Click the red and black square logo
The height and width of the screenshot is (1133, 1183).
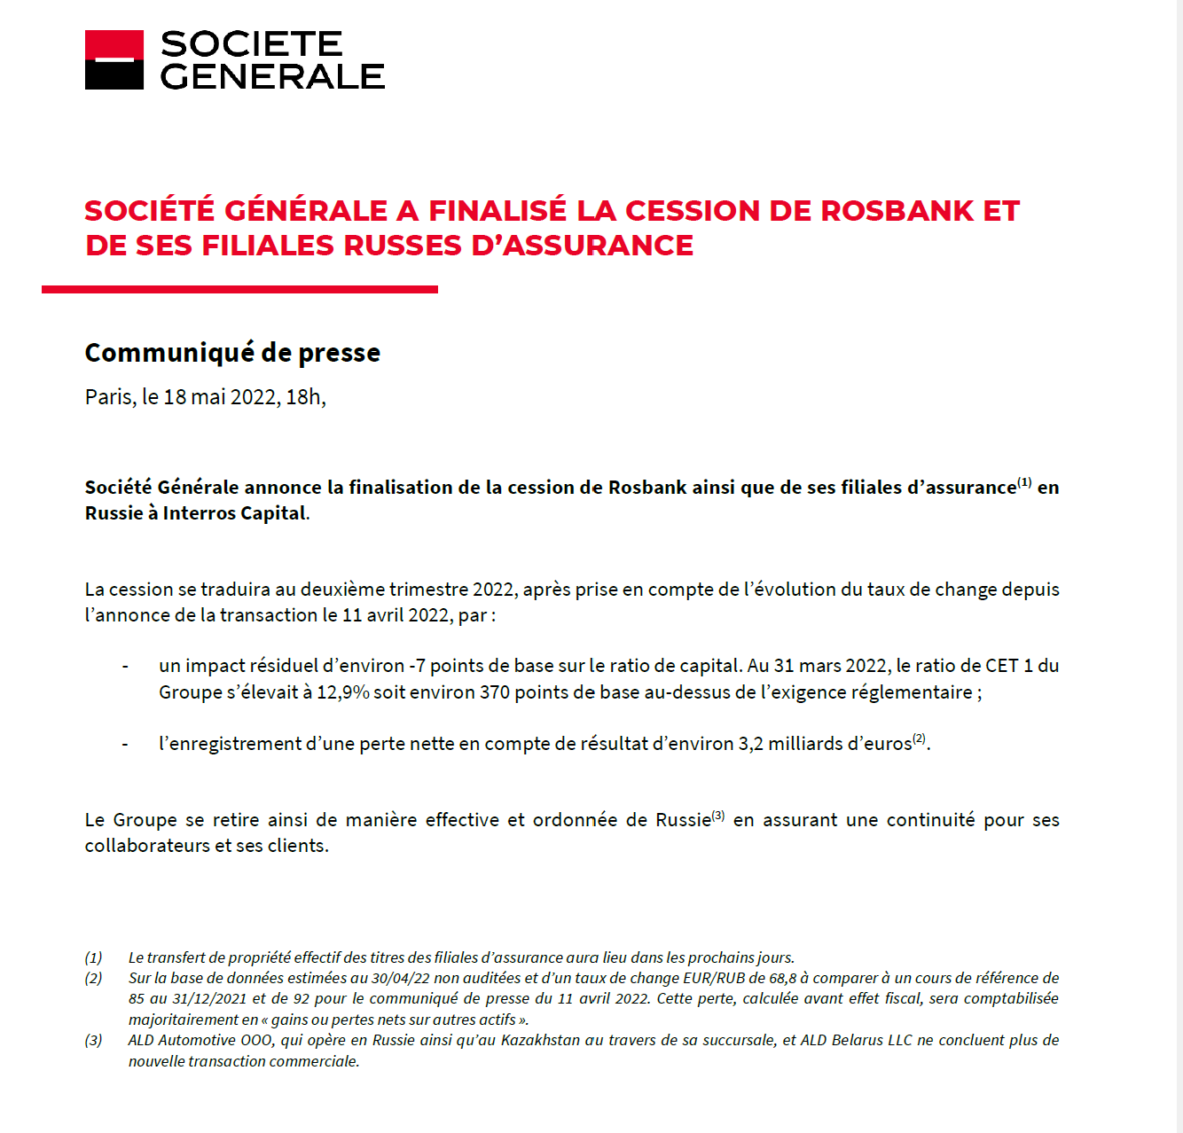(114, 60)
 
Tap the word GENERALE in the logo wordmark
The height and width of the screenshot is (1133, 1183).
(272, 77)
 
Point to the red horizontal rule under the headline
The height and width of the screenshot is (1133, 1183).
(239, 289)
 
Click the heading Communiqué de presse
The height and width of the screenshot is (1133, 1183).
(232, 353)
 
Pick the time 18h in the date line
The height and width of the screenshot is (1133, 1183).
(304, 397)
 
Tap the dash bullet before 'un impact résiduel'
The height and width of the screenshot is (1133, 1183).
(125, 667)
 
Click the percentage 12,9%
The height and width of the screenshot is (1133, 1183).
(342, 692)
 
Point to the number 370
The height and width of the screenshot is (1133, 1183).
(495, 692)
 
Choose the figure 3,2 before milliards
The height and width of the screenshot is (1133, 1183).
(751, 744)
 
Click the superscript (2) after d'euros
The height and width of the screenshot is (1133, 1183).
(919, 738)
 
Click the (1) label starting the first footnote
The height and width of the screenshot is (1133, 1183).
(94, 957)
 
